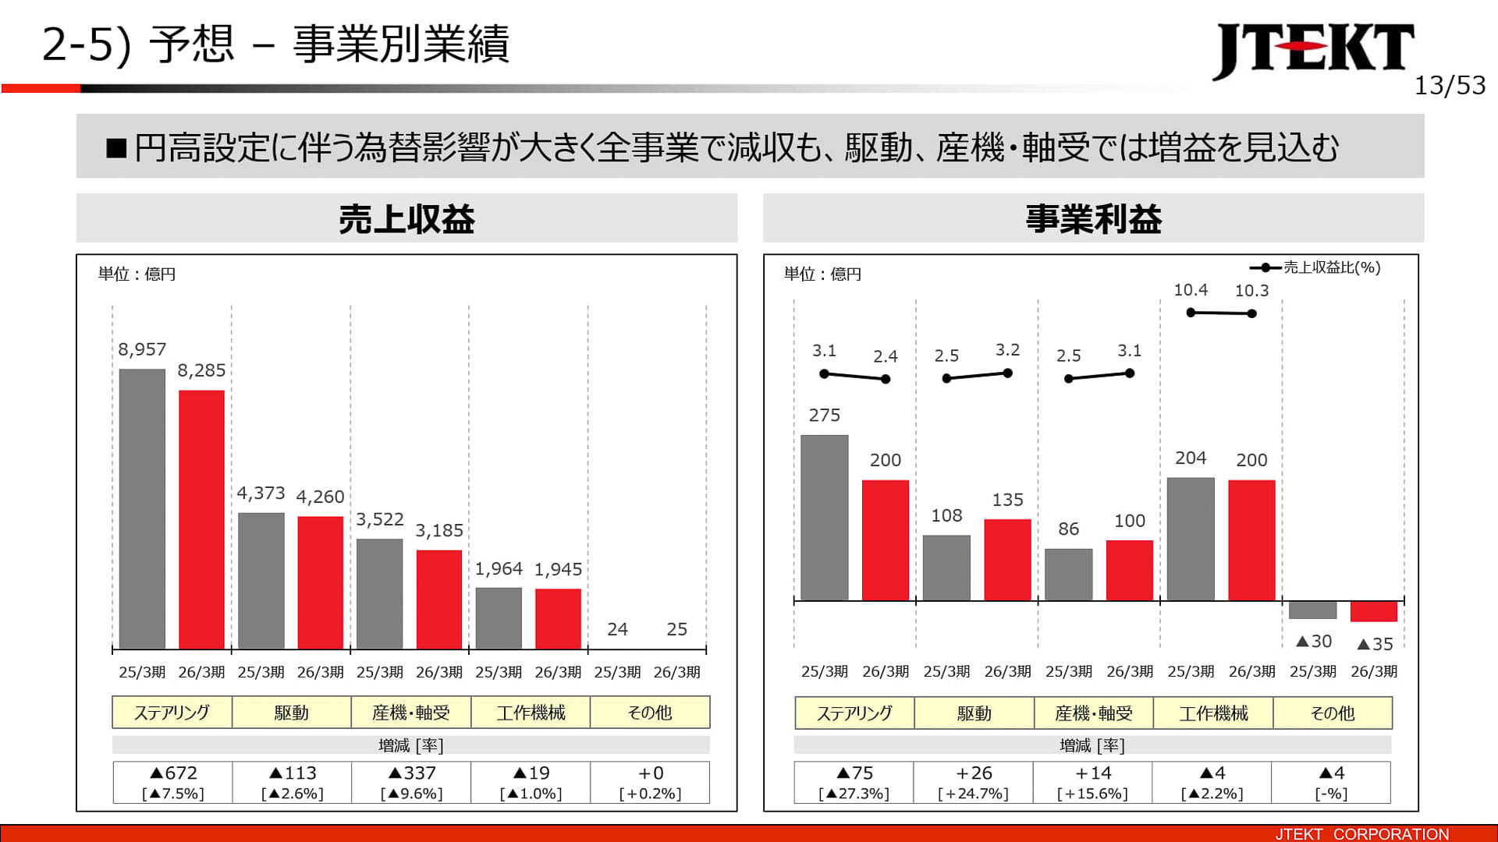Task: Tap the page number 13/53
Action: [x=1450, y=85]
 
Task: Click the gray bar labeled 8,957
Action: [x=142, y=508]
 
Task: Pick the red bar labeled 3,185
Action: [x=439, y=599]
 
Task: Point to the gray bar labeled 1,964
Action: [x=499, y=617]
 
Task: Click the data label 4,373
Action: [x=261, y=494]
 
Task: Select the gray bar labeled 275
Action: [x=824, y=518]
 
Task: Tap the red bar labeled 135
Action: [x=1007, y=560]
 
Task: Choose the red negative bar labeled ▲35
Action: [x=1373, y=611]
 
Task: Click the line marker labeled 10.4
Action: [x=1191, y=313]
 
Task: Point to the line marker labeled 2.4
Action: [x=886, y=380]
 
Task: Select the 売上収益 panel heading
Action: [x=406, y=219]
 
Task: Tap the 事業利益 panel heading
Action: [x=1093, y=219]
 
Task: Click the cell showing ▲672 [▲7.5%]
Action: [x=172, y=782]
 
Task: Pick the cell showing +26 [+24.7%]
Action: [x=973, y=782]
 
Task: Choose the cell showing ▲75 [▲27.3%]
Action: [x=854, y=782]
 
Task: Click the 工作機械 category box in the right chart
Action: [x=1213, y=713]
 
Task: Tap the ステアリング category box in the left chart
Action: [x=172, y=713]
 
